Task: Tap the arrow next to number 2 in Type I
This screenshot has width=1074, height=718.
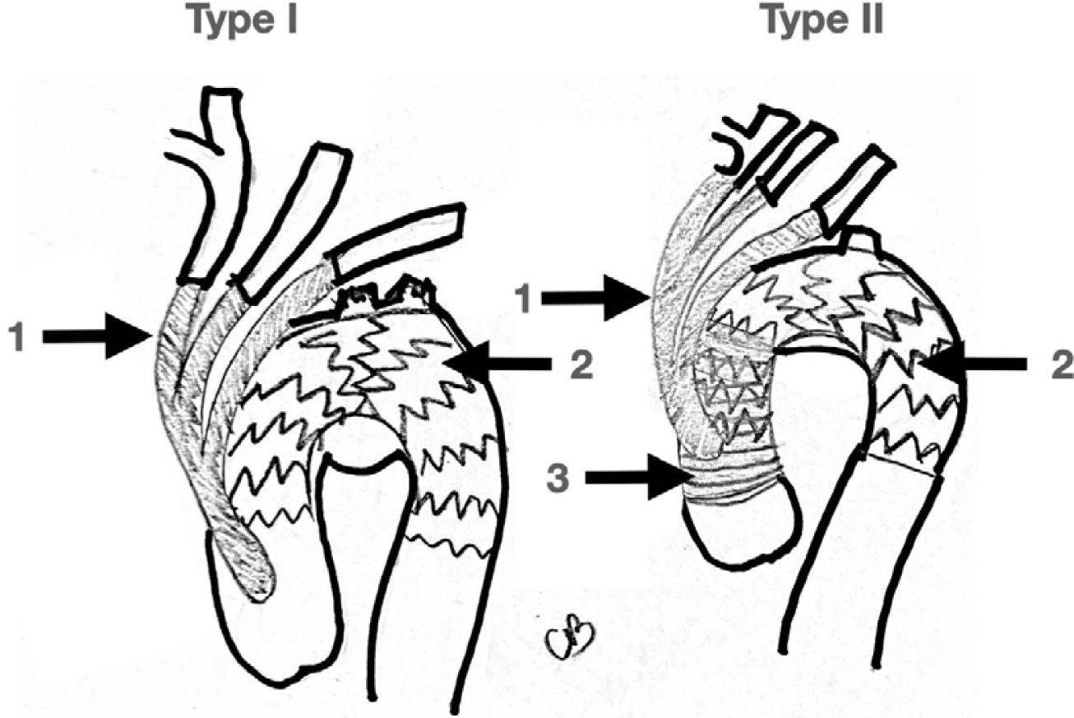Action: pyautogui.click(x=502, y=362)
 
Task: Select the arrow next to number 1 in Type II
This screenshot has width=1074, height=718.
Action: pyautogui.click(x=595, y=297)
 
